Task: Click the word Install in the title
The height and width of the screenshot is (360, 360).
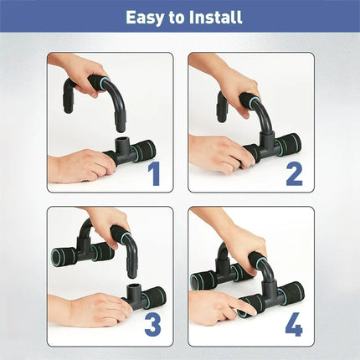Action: [x=215, y=16]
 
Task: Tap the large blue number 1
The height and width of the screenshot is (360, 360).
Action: [x=154, y=173]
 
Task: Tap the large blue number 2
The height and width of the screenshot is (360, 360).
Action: [x=295, y=173]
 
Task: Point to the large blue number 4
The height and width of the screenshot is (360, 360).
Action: [x=295, y=323]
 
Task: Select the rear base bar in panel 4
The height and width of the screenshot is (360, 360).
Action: [x=209, y=278]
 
